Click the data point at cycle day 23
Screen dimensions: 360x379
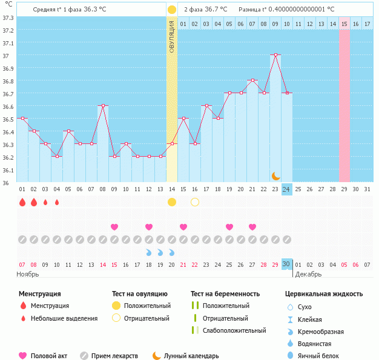tap(275, 55)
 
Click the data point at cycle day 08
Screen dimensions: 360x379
tap(103, 106)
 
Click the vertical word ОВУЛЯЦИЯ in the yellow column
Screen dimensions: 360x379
tap(172, 36)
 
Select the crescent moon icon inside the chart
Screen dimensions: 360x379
tap(276, 175)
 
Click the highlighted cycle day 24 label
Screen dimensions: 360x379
tap(287, 189)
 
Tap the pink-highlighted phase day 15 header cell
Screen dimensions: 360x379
tap(344, 24)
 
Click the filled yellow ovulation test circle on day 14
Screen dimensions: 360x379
tap(172, 201)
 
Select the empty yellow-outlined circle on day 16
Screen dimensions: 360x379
tap(195, 201)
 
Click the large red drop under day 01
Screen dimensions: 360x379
tap(22, 202)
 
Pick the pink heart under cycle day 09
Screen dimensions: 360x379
tap(114, 227)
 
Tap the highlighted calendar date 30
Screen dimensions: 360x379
tap(287, 264)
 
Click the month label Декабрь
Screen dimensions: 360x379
tap(309, 275)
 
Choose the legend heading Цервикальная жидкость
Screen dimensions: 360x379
tap(324, 294)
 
